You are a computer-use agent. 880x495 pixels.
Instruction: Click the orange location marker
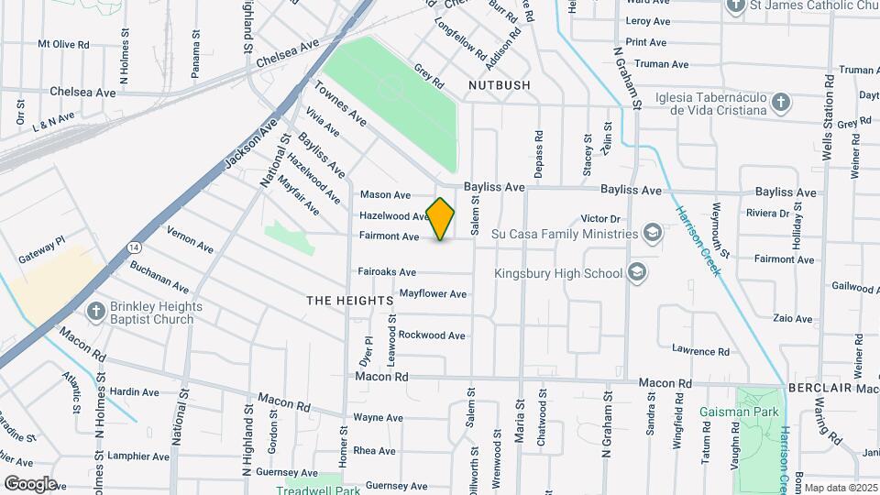click(x=441, y=219)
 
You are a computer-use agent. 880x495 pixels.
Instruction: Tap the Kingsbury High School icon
click(x=637, y=272)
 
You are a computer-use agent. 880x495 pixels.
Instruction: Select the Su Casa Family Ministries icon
click(x=652, y=233)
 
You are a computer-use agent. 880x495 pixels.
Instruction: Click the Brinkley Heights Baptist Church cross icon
click(x=95, y=312)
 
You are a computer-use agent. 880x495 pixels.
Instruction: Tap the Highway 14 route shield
click(x=135, y=247)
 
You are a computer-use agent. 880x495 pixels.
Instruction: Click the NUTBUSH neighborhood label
click(x=500, y=85)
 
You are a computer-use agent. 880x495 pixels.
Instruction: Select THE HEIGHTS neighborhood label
click(x=349, y=301)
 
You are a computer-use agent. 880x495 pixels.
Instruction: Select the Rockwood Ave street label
click(x=432, y=335)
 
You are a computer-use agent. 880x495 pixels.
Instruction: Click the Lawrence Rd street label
click(x=700, y=351)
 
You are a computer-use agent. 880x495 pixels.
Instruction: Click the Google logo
click(x=30, y=483)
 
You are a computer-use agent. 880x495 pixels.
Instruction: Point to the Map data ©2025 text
click(x=841, y=488)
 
